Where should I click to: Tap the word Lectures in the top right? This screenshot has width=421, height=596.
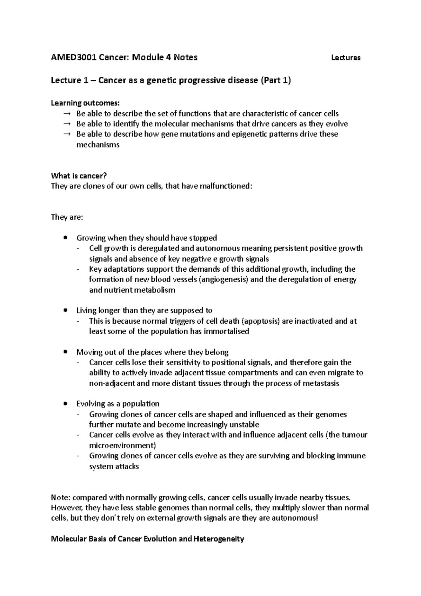[346, 58]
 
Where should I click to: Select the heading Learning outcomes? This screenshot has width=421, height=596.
[85, 103]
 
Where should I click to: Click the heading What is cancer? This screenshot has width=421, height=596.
[79, 176]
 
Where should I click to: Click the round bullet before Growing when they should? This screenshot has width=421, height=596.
[65, 238]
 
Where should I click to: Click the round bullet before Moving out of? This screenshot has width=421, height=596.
[65, 352]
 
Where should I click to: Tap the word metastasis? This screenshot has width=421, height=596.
[320, 383]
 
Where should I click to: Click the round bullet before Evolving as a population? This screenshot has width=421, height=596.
[65, 404]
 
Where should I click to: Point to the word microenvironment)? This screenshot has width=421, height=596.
[122, 445]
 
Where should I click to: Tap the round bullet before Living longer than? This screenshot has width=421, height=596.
[65, 311]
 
